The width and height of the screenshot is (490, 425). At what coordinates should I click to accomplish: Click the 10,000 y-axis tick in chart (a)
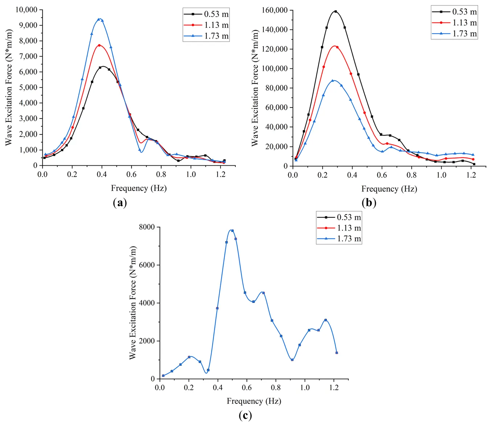click(x=26, y=10)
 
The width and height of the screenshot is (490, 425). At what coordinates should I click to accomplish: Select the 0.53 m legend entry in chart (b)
click(x=454, y=12)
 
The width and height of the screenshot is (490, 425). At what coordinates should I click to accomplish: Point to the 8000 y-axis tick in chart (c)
click(x=147, y=227)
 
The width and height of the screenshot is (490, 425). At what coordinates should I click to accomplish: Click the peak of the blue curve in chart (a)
click(x=99, y=19)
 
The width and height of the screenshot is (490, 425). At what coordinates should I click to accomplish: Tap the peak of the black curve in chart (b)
click(x=335, y=12)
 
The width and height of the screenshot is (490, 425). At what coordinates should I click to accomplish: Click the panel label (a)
click(x=120, y=203)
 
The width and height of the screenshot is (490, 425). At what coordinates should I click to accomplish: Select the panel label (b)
click(x=369, y=203)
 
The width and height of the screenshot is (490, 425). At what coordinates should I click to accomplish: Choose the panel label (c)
click(x=245, y=415)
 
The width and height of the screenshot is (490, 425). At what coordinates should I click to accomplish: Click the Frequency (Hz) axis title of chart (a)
click(x=139, y=188)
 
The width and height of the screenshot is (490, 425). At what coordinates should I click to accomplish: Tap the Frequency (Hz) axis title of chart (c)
click(x=254, y=401)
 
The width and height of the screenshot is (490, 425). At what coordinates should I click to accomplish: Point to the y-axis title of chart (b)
click(x=255, y=88)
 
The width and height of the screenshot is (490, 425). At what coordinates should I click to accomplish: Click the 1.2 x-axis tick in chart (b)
click(x=471, y=175)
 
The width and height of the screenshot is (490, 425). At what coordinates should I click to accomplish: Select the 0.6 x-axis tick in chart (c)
click(x=247, y=388)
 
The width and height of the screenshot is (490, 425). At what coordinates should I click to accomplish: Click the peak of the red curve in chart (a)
click(x=99, y=45)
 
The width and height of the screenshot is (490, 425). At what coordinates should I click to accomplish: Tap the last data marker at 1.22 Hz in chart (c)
click(x=337, y=353)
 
